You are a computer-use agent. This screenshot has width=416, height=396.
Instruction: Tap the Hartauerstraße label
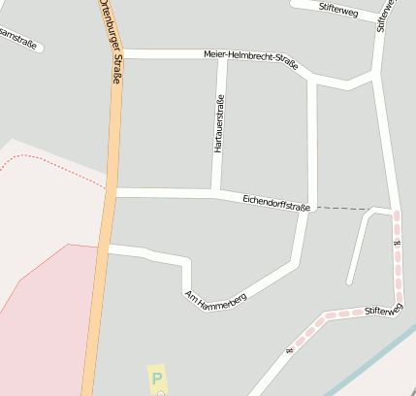point(219,126)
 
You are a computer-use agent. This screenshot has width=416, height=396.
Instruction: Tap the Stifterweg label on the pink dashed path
point(383,311)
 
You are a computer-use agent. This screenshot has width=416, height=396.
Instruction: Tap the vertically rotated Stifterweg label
point(385,15)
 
